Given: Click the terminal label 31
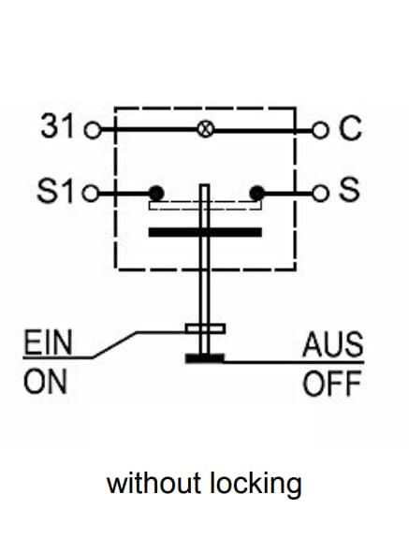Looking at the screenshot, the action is tap(57, 126).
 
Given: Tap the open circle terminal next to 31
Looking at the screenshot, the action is tap(93, 130).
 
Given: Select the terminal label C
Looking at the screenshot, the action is tap(350, 127).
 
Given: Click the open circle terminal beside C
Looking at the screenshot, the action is tap(320, 131).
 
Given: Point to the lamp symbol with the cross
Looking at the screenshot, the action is tap(206, 130).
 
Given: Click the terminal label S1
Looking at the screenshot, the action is tap(55, 191).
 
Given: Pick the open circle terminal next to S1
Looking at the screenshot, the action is tap(91, 193).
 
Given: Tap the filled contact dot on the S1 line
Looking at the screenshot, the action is tap(156, 193).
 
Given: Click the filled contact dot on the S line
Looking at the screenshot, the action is tap(257, 193).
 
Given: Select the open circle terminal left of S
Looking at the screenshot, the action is tap(320, 194).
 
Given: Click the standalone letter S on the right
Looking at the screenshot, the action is tap(349, 189).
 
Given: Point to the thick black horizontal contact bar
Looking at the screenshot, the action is tap(205, 232).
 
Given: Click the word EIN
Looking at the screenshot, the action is tap(48, 342).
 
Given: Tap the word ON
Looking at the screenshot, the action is tap(45, 382).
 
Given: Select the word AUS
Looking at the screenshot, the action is tap(333, 344).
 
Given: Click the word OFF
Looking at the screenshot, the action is tap(332, 384).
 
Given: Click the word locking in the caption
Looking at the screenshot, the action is tap(256, 484).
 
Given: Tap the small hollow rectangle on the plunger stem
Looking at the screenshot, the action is tap(205, 328).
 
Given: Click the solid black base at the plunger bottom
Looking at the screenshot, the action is tap(205, 358).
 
